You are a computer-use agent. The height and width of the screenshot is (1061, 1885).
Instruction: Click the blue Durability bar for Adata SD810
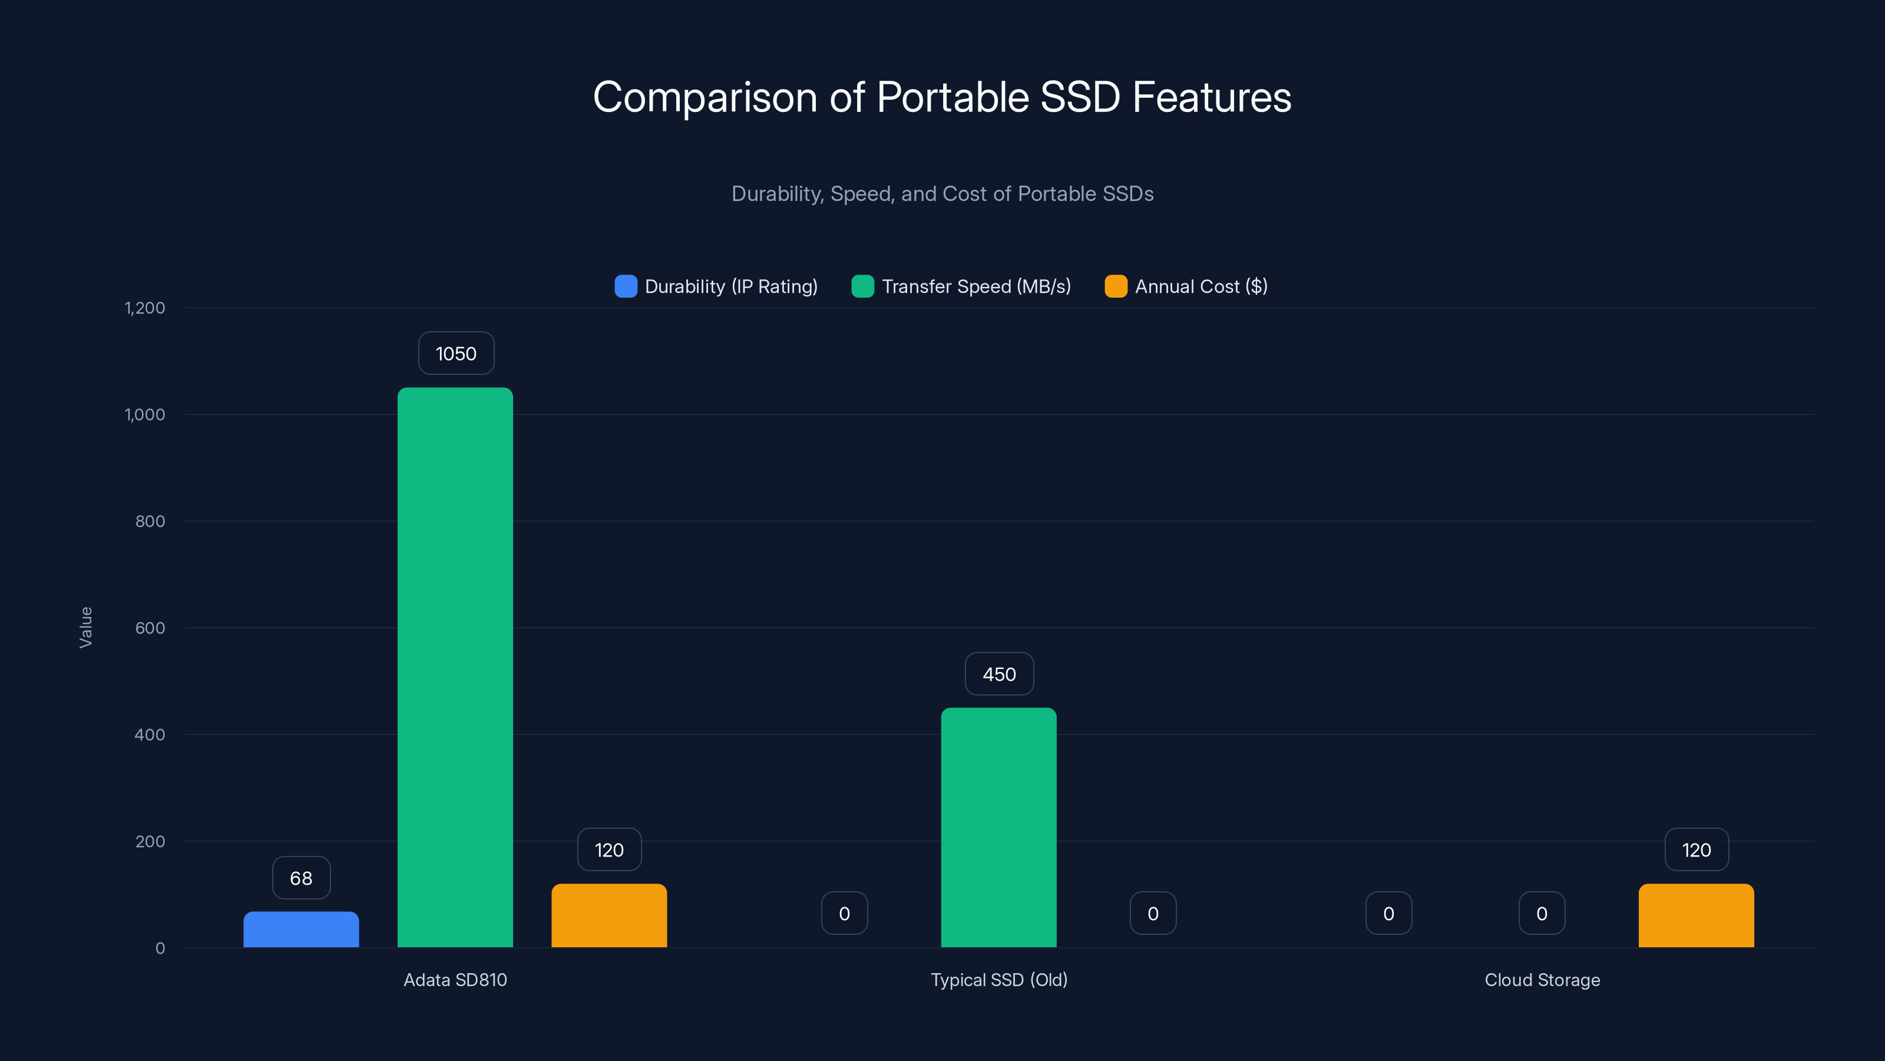point(301,930)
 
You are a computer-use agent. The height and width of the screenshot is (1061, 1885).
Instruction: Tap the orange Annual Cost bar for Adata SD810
point(609,916)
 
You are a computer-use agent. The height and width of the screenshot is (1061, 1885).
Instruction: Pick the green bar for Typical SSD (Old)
point(999,828)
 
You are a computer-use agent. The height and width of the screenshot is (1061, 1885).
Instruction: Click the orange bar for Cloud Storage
point(1697,916)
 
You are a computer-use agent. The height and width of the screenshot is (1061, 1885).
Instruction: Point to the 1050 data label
point(456,354)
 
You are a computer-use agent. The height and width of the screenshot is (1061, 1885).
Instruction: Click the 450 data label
point(999,674)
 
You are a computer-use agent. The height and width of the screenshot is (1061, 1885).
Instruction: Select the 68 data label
point(301,878)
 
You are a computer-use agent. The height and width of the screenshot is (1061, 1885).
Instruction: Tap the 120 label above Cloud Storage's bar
point(1697,850)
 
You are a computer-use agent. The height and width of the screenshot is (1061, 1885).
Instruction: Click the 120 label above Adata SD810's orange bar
point(609,850)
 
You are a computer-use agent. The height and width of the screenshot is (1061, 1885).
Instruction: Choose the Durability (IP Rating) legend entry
point(716,286)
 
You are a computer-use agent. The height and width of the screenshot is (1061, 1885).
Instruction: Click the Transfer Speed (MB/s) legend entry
point(961,286)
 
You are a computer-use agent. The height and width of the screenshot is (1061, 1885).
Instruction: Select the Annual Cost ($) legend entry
point(1186,286)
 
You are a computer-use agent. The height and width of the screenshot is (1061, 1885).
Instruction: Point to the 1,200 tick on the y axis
point(145,308)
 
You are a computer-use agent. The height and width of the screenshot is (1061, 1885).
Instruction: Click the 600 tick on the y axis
point(150,628)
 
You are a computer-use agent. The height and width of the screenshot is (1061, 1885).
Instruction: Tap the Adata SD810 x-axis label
point(455,980)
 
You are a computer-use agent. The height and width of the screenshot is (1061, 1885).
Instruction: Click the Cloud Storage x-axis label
point(1542,980)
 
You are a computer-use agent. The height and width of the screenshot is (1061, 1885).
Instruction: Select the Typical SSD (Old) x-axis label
point(999,980)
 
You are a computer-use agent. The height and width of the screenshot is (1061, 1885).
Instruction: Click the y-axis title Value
point(85,628)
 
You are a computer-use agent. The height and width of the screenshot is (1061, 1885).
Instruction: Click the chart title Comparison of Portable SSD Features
point(942,97)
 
